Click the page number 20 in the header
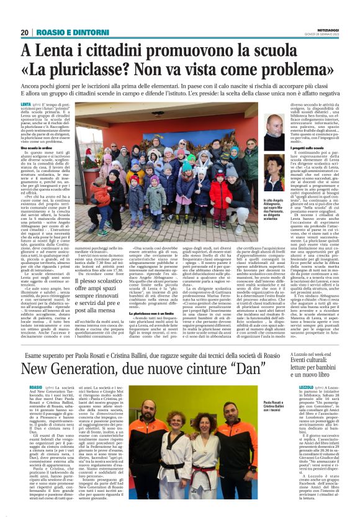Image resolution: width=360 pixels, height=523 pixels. [x=25, y=33]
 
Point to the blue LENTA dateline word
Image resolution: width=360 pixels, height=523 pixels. [x=26, y=106]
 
